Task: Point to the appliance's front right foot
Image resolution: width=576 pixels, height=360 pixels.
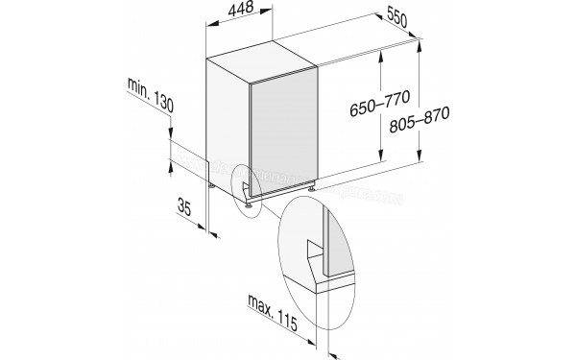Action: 311,190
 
